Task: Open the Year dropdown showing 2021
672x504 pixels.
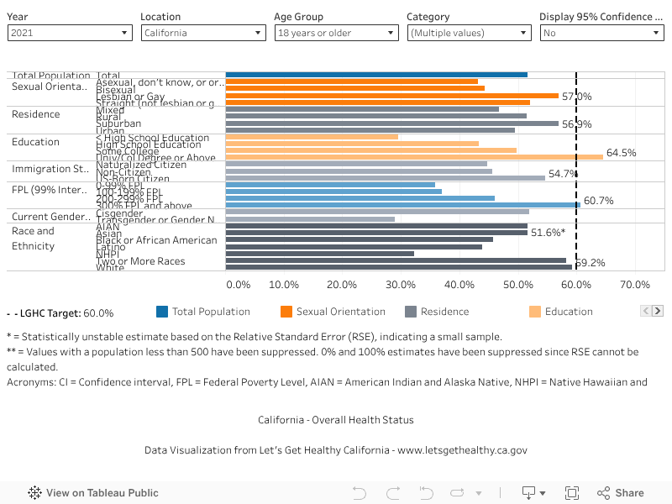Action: click(70, 33)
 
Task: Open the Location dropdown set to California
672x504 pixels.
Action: click(202, 33)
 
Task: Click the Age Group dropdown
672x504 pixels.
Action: click(336, 33)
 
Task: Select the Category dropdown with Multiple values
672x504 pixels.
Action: click(469, 33)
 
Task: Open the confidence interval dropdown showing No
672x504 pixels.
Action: click(601, 33)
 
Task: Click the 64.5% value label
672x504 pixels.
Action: click(622, 153)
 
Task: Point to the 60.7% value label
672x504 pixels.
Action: click(599, 201)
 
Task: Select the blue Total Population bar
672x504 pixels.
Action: click(376, 75)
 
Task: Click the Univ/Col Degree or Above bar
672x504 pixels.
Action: click(414, 156)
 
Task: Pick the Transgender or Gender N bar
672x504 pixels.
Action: click(310, 219)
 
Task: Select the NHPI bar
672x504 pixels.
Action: click(320, 254)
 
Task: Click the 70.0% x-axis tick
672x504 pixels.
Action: click(634, 285)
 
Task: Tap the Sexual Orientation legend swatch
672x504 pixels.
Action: click(286, 312)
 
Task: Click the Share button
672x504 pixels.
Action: click(621, 493)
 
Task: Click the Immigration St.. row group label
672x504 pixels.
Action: click(48, 169)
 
